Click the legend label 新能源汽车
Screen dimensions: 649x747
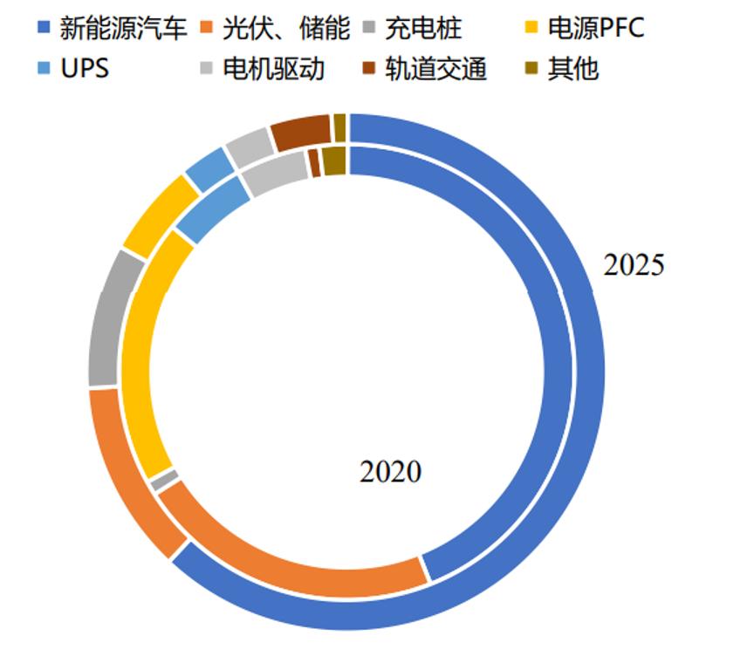click(123, 28)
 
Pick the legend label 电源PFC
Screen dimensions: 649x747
click(595, 28)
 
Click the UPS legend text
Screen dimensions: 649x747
click(85, 68)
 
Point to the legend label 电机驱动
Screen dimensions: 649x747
click(273, 68)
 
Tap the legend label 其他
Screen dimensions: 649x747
click(573, 68)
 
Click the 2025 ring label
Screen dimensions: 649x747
click(634, 265)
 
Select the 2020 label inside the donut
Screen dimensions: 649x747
click(390, 472)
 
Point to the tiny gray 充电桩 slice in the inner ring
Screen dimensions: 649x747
click(163, 479)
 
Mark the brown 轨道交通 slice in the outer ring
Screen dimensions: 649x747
click(299, 132)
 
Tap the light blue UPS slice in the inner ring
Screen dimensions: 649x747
click(212, 208)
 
